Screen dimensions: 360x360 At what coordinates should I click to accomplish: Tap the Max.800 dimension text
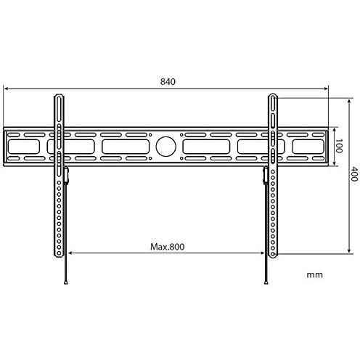(168, 246)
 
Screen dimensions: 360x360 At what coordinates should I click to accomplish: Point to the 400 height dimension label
(354, 174)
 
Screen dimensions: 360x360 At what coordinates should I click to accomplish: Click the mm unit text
(314, 275)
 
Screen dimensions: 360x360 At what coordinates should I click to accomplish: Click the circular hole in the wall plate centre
(165, 147)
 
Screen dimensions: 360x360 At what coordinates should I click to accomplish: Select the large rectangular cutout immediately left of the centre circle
(126, 147)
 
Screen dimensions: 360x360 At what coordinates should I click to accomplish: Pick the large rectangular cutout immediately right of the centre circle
(207, 147)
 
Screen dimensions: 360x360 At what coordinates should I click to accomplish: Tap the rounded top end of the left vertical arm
(58, 97)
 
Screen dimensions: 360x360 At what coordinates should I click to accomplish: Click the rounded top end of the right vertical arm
(274, 97)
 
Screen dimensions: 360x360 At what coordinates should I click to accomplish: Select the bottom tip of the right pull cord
(265, 282)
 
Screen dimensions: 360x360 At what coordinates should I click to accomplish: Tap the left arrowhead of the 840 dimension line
(6, 90)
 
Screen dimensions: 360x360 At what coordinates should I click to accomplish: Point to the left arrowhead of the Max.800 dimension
(70, 253)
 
